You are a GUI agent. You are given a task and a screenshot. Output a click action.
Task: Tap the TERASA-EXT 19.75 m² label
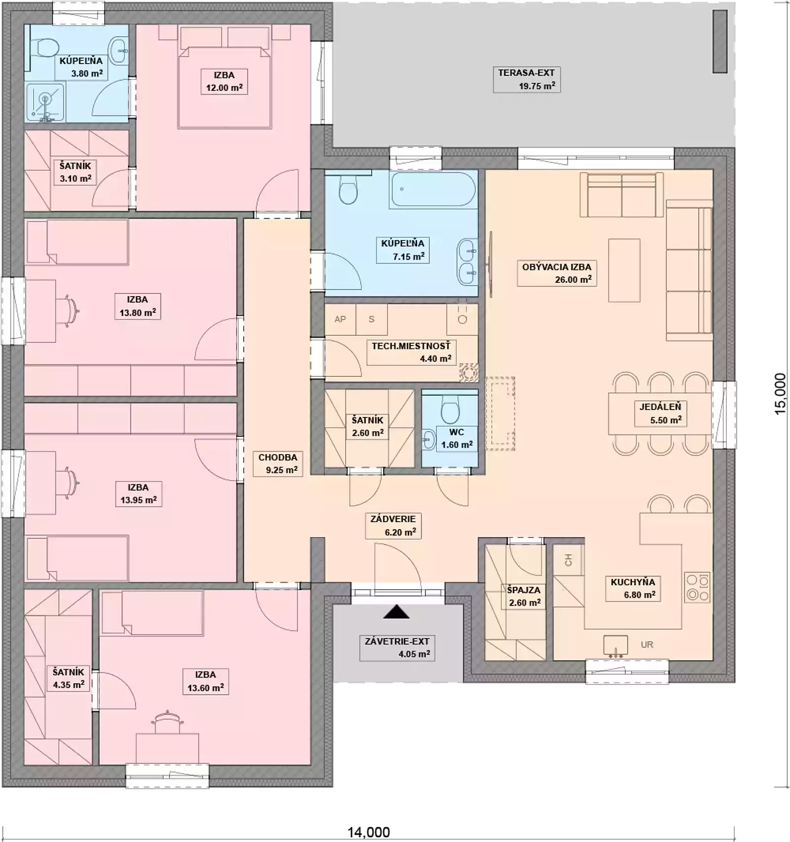click(526, 79)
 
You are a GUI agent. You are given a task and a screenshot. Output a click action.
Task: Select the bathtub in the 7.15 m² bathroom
click(434, 189)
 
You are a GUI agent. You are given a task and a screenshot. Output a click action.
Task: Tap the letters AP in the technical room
click(340, 319)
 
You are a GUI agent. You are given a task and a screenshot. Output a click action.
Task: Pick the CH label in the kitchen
click(568, 560)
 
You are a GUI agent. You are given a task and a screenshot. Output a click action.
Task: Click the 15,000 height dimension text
click(780, 394)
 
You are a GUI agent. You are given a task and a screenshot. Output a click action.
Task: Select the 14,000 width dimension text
click(369, 833)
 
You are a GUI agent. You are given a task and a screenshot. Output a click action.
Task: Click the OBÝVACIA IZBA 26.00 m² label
click(556, 273)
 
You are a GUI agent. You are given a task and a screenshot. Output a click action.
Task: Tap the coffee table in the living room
click(624, 270)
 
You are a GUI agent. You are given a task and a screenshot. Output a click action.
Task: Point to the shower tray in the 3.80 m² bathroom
click(45, 103)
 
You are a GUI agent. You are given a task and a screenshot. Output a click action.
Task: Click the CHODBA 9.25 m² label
click(278, 463)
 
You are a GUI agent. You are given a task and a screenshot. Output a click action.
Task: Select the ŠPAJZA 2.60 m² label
click(524, 596)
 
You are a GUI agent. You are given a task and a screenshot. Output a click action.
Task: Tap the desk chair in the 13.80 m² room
click(71, 311)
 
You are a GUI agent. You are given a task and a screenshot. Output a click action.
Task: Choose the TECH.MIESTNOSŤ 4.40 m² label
click(411, 352)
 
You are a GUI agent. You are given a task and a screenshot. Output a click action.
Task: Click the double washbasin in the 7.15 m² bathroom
click(467, 262)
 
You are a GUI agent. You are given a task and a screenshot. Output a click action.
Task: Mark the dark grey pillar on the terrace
click(720, 41)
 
